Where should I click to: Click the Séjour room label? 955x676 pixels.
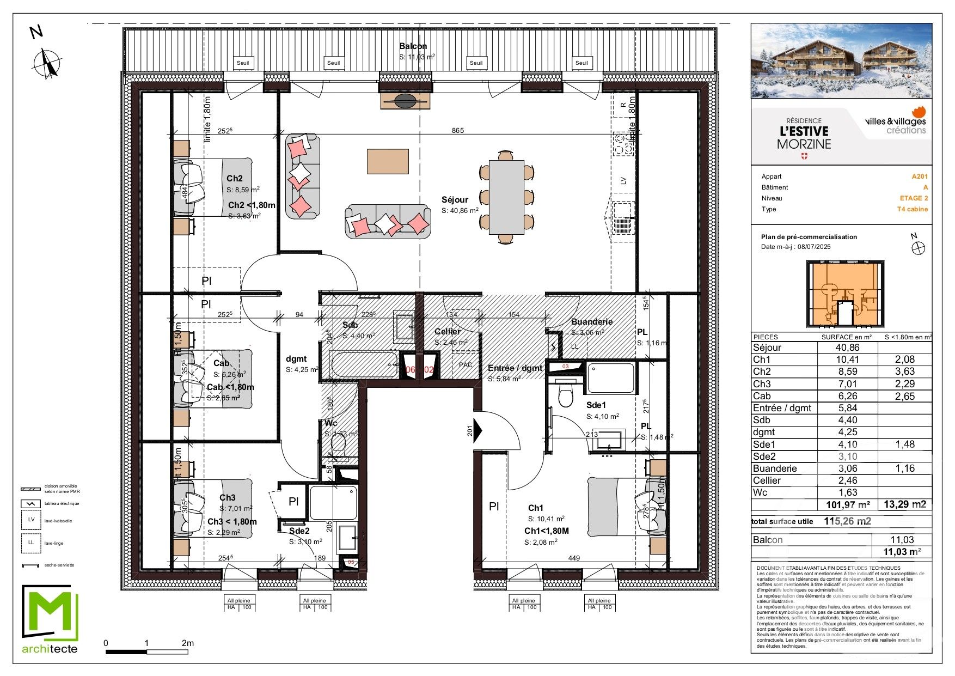click(455, 200)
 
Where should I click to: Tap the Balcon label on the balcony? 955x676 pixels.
click(413, 46)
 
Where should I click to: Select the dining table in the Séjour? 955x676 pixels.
click(506, 197)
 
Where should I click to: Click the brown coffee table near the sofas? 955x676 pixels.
click(388, 161)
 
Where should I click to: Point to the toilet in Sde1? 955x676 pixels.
click(566, 396)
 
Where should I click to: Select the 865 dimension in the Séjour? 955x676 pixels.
click(458, 130)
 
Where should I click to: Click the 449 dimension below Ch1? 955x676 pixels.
click(574, 558)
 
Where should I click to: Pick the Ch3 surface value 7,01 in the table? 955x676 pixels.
click(847, 384)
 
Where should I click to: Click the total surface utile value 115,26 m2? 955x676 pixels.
click(847, 521)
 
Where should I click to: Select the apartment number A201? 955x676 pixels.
click(920, 176)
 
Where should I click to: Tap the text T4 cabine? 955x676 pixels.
click(913, 209)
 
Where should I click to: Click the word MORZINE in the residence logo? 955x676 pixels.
click(804, 144)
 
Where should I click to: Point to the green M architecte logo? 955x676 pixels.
click(50, 618)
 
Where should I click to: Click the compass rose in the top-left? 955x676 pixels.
click(48, 63)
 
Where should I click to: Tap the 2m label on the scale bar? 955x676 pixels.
click(187, 643)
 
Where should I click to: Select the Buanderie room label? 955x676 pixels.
click(591, 322)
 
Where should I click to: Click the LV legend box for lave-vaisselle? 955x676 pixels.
click(31, 520)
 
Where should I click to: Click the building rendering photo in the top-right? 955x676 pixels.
click(841, 60)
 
